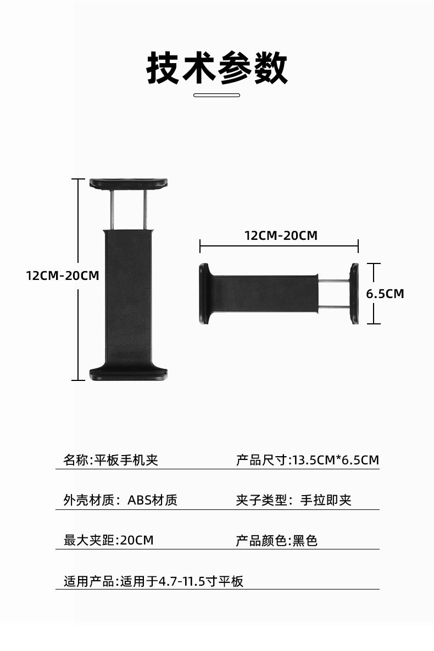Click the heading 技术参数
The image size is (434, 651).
tap(217, 68)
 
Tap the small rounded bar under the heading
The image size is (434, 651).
tap(217, 95)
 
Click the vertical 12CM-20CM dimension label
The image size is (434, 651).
tap(63, 275)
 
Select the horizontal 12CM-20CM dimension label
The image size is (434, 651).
tap(281, 235)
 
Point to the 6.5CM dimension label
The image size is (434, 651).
tap(385, 294)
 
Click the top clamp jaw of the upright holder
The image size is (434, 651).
tap(129, 183)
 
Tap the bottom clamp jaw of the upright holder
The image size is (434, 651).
tap(129, 373)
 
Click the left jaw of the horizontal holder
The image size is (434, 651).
tap(204, 294)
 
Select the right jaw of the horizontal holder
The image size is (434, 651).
tap(354, 294)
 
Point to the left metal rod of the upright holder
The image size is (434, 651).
tap(113, 210)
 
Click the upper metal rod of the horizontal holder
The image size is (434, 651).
tap(334, 281)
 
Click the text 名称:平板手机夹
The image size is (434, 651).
tap(111, 460)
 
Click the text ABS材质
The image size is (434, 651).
tap(153, 500)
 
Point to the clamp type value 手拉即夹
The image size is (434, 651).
tap(326, 500)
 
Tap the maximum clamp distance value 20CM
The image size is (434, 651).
tap(137, 540)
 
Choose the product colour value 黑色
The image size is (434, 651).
tap(305, 540)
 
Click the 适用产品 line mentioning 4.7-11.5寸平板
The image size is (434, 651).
tap(154, 581)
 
